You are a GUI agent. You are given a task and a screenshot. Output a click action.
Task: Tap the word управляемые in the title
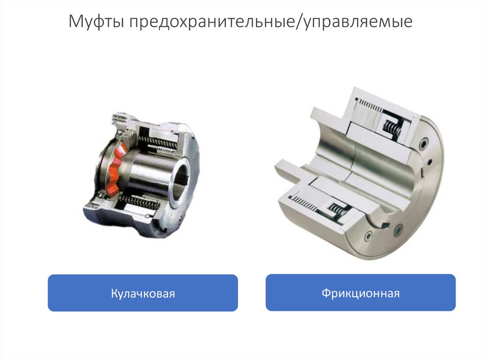(358, 22)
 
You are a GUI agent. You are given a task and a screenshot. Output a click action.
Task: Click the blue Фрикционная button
(360, 292)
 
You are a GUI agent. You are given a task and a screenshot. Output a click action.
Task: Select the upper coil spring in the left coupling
(158, 142)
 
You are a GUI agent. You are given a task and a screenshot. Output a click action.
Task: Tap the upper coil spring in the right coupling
(392, 127)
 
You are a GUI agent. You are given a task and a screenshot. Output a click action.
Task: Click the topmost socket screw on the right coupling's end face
(424, 143)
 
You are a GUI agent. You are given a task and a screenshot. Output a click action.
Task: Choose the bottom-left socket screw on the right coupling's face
(368, 236)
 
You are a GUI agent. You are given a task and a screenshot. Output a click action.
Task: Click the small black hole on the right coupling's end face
(430, 161)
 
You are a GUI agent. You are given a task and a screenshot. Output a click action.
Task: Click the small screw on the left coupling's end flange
(180, 219)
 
